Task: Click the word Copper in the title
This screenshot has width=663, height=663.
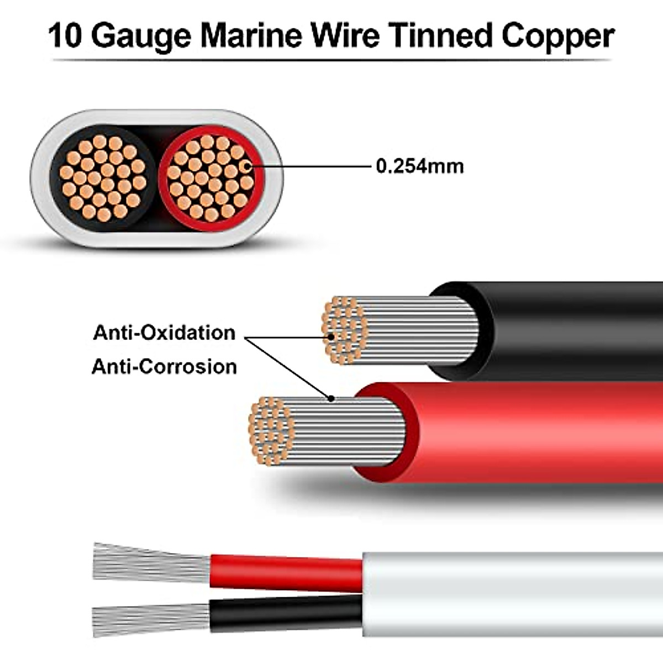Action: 557,36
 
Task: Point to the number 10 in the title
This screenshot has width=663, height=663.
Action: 65,36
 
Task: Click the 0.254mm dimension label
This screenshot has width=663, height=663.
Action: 420,166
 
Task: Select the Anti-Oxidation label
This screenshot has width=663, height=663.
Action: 164,333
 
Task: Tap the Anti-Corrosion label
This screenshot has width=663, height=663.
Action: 164,366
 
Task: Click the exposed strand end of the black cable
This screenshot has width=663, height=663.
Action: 344,330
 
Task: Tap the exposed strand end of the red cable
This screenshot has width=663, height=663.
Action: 271,431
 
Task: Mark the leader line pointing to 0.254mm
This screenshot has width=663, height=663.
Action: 309,166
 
